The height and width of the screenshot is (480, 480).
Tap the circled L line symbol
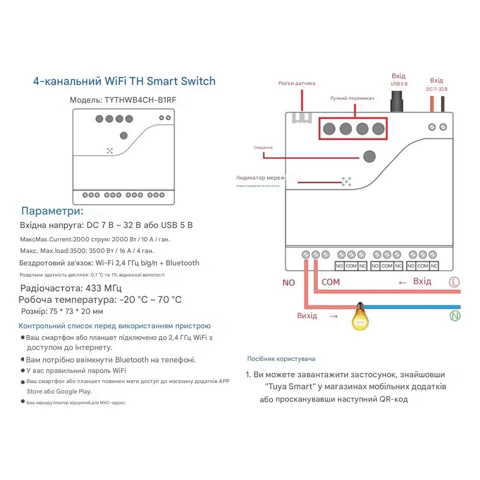coord(454,282)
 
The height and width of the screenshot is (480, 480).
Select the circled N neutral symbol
coord(454,315)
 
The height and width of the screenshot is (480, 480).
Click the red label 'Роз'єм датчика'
coord(297,83)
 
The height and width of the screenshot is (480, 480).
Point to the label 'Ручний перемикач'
coord(352,98)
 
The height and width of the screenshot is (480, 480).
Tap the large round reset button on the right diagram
coord(369,156)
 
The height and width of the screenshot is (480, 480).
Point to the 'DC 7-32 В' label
coord(436,89)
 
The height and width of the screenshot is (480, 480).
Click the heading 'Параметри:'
coord(52,211)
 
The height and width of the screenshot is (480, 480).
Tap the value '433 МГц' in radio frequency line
coord(103,288)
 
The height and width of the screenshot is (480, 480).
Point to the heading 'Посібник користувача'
coord(281,359)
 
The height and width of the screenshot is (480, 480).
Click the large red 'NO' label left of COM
coord(288,282)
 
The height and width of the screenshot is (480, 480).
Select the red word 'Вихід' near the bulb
coord(307,316)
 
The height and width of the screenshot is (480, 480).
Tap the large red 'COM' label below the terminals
coord(330,282)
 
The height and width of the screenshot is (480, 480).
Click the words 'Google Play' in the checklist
coord(73,391)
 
